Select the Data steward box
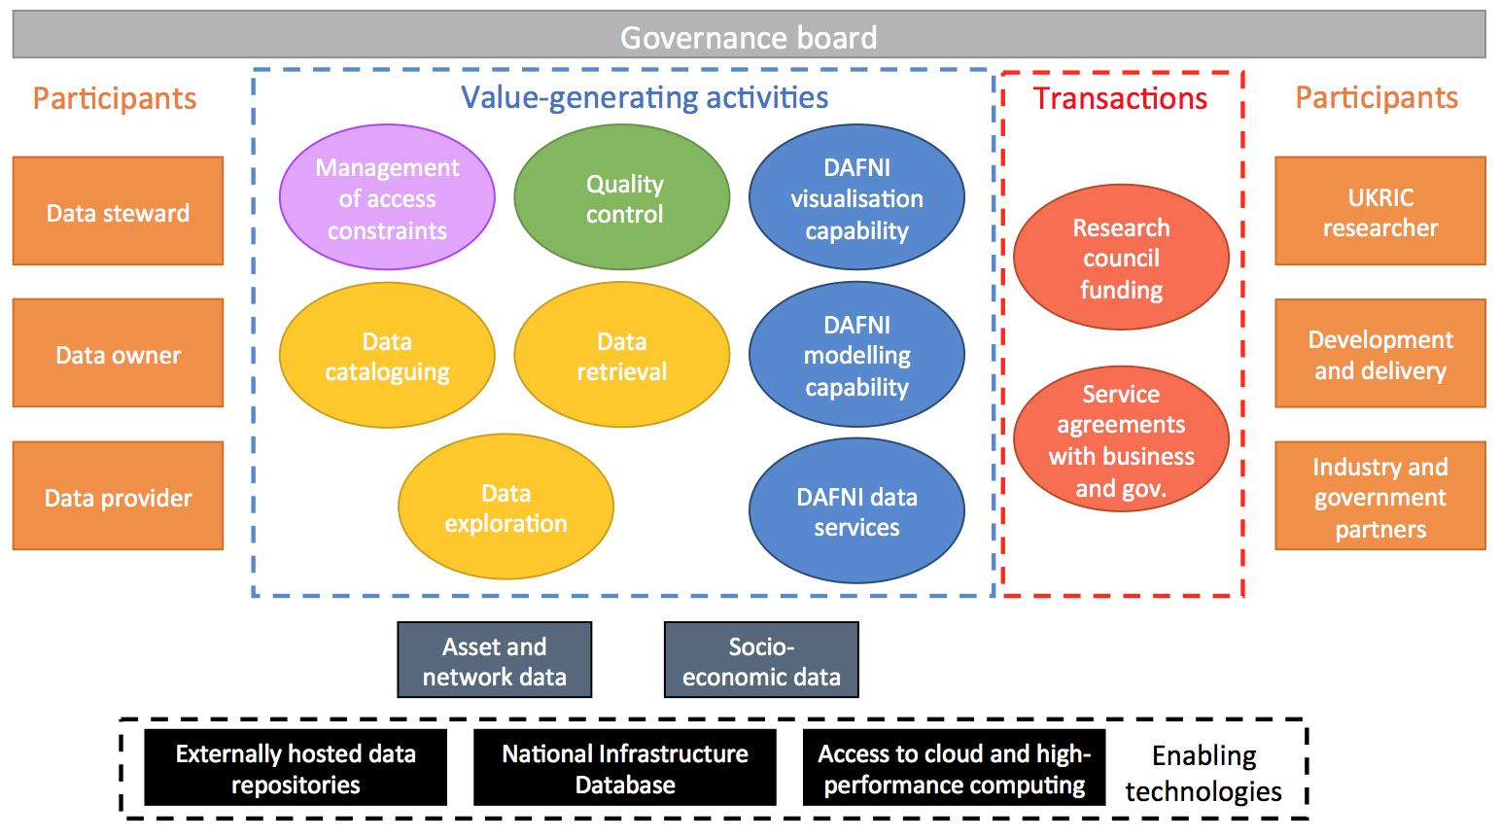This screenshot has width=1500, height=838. coord(118,211)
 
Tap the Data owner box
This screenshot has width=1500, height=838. coord(118,353)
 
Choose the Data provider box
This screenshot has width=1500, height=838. coord(118,496)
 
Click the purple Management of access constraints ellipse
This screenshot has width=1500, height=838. coord(387,197)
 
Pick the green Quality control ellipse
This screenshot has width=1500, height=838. coord(622,197)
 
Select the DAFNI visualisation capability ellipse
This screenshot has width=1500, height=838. coord(857,197)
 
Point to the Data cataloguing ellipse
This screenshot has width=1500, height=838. coord(387,355)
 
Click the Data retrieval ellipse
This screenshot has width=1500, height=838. coord(622,355)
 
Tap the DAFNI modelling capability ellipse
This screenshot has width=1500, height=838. coord(857,355)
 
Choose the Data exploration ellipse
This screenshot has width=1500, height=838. coord(506,507)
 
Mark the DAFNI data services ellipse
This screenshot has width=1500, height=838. coord(857,511)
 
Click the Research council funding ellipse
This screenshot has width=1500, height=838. coord(1122,258)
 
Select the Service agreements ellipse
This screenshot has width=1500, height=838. coord(1122,439)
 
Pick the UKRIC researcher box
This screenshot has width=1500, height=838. coord(1380,211)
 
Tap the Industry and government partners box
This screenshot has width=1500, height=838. coord(1380,496)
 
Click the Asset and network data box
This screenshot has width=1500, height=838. coord(495,660)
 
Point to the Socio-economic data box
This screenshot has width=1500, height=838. coord(761,660)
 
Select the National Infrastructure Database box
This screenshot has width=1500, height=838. coord(625,768)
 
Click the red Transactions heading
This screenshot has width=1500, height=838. coord(1120,98)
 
